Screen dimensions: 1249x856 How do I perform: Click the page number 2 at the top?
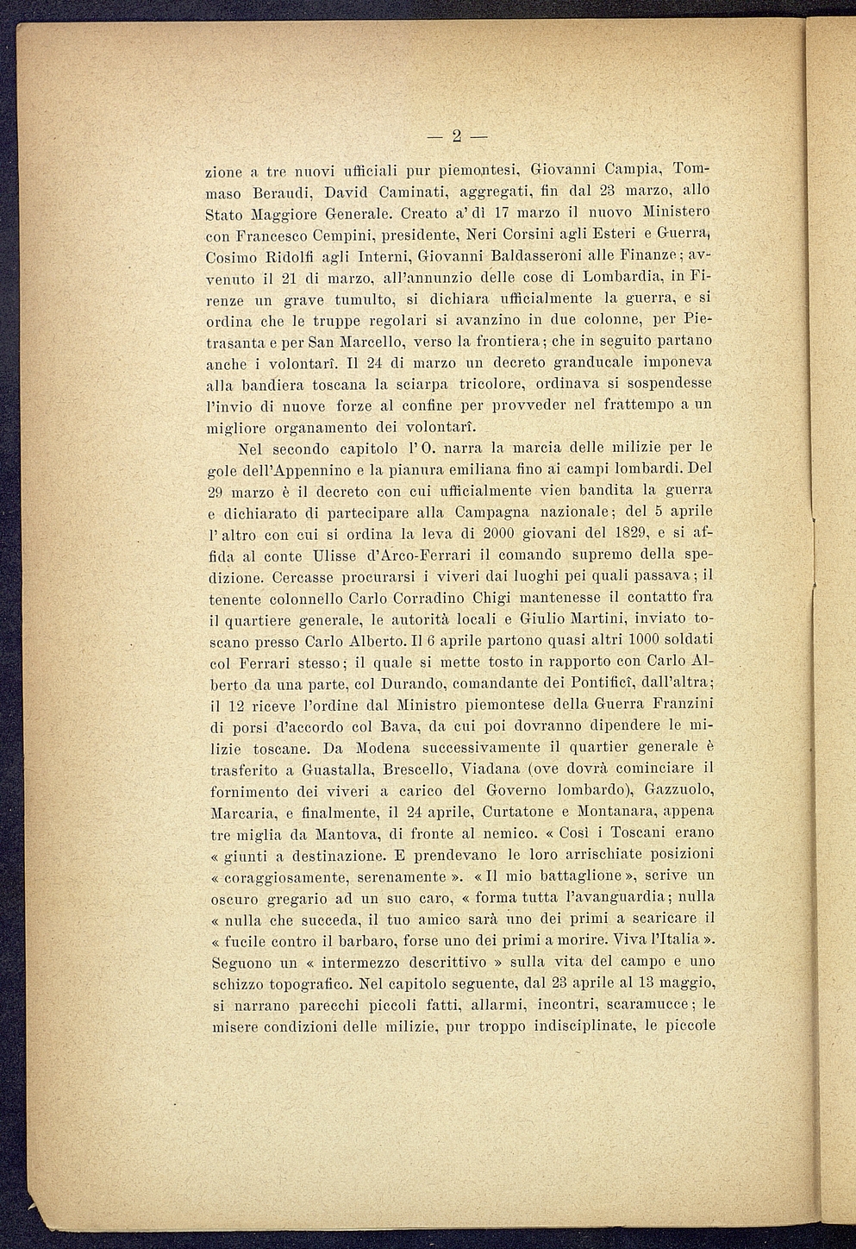(x=456, y=135)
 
